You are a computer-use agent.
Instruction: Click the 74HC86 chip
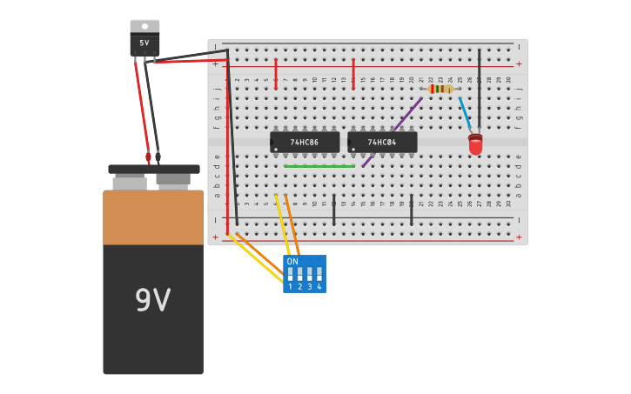305,142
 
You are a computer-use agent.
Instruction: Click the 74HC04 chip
382,142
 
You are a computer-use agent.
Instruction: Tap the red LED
475,144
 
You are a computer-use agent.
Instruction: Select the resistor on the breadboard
441,89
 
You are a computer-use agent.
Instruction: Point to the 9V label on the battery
152,300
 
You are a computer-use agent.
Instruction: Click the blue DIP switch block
305,274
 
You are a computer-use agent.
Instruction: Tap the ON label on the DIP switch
292,261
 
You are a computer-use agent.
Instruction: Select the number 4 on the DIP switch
319,287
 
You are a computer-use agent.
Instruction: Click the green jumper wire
319,166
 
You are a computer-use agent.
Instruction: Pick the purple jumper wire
393,131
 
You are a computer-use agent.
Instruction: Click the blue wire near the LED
465,114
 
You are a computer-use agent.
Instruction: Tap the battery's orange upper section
153,217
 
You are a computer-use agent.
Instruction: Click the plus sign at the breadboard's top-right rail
519,63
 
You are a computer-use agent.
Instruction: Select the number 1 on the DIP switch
290,287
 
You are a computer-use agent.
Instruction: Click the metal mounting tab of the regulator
144,26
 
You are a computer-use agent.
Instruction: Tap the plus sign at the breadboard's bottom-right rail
519,237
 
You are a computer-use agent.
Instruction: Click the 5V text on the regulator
144,43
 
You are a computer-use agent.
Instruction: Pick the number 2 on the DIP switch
299,287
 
